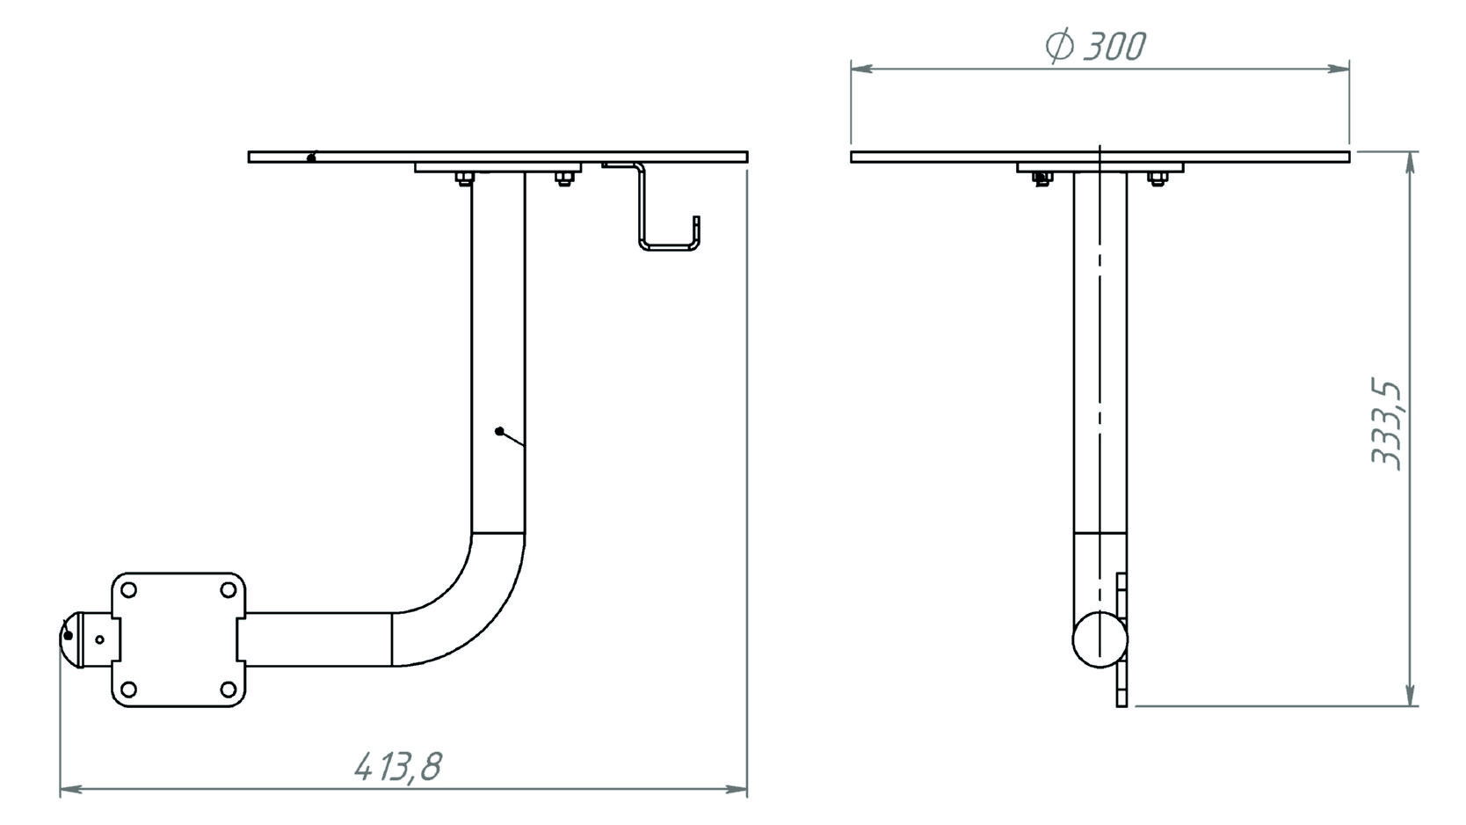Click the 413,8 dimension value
[x=398, y=767]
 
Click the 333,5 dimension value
[x=1386, y=424]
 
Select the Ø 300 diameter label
[x=1095, y=47]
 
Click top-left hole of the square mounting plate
[x=129, y=590]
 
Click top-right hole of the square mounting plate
[x=229, y=590]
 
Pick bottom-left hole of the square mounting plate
[x=129, y=690]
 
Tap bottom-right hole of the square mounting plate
[x=229, y=690]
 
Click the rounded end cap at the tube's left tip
[x=69, y=639]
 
